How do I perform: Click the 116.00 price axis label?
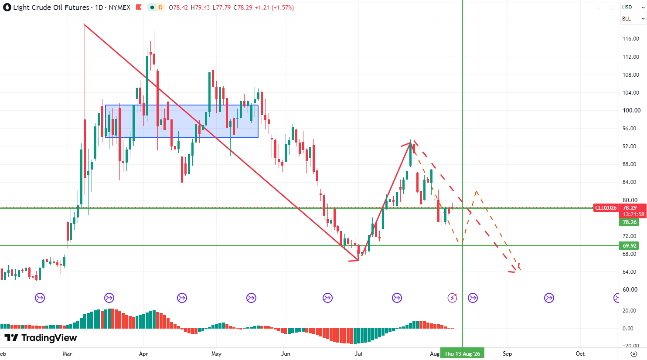(x=631, y=39)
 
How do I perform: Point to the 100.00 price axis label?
(x=632, y=110)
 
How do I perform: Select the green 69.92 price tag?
(x=629, y=246)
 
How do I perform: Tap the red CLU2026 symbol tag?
(x=606, y=207)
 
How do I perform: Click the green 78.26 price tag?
(x=629, y=222)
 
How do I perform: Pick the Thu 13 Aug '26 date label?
(x=462, y=353)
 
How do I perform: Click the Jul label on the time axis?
(x=358, y=353)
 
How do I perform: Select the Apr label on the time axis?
(x=143, y=353)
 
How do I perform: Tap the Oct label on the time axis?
(x=580, y=353)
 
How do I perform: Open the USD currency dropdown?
(x=633, y=7)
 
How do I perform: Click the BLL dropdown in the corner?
(x=633, y=19)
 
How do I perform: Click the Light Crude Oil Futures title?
(x=51, y=7)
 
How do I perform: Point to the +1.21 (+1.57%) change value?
(x=274, y=7)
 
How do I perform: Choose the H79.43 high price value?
(x=200, y=7)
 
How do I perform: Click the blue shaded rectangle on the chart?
(x=182, y=121)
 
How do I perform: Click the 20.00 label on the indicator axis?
(x=630, y=311)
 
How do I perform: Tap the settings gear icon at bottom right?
(x=634, y=353)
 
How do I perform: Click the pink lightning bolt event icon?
(x=452, y=298)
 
